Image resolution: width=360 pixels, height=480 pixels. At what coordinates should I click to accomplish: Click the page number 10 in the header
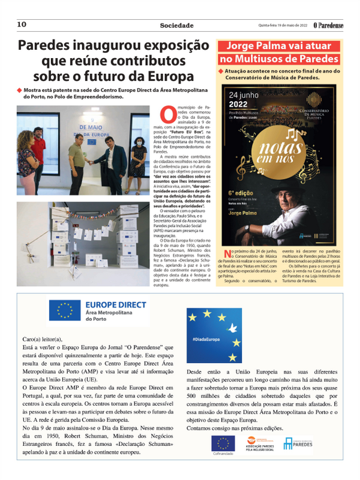(x=22, y=25)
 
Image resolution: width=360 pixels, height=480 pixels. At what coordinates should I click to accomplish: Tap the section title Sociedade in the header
(x=176, y=25)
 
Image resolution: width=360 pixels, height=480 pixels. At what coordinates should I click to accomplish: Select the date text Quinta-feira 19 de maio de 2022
(x=282, y=26)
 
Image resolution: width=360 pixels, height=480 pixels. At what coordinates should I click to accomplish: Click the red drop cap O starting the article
(x=166, y=113)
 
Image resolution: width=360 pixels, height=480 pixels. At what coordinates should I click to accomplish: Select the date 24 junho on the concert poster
(x=247, y=95)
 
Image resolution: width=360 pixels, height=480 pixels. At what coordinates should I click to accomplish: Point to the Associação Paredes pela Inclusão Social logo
(x=260, y=445)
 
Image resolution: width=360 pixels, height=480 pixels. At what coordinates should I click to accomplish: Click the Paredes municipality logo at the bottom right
(x=298, y=443)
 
